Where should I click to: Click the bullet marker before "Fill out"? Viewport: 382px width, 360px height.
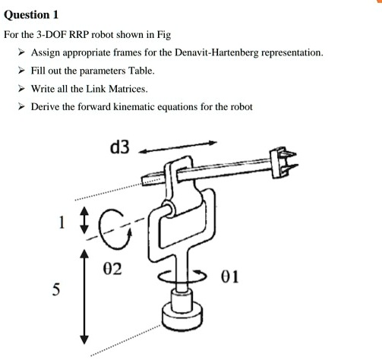pos(22,71)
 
